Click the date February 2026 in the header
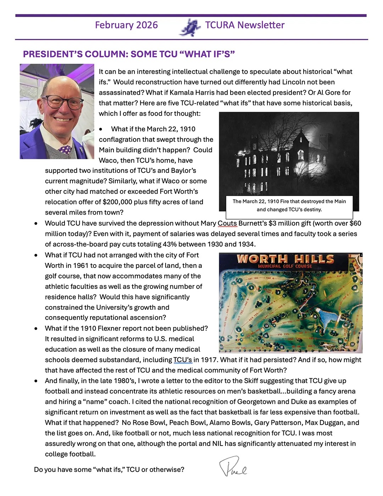click(126, 25)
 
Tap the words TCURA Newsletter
click(245, 25)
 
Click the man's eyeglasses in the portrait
click(63, 102)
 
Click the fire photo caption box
click(289, 206)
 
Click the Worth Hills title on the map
click(285, 259)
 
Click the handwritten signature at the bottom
click(232, 467)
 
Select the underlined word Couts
click(227, 224)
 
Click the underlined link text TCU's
click(182, 360)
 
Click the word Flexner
click(110, 328)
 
